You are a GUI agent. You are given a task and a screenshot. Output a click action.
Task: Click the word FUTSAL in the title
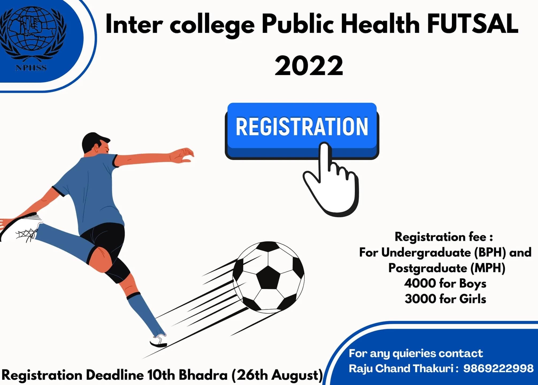pos(472,24)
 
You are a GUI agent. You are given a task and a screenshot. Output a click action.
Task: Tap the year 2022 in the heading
pos(309,65)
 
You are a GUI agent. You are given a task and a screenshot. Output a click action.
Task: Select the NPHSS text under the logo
pos(31,68)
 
